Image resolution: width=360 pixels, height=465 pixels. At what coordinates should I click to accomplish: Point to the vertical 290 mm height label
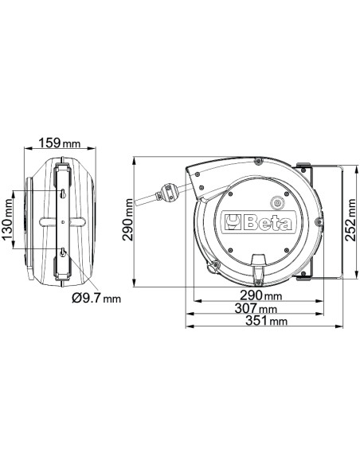tap(127, 221)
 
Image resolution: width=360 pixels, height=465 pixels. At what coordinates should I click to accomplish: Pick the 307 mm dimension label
tap(256, 308)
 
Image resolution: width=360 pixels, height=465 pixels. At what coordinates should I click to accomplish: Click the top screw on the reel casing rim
tap(258, 162)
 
